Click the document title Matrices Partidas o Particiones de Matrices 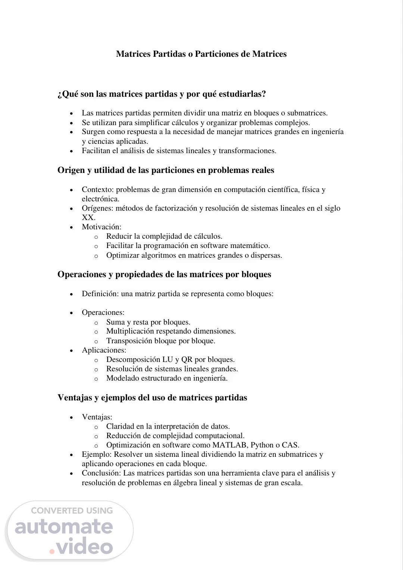201,54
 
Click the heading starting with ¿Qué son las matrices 162,94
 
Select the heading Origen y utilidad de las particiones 166,170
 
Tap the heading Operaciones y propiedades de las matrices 164,275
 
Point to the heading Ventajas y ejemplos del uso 152,397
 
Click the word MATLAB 229,445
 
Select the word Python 263,445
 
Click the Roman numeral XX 88,217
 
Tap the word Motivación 101,227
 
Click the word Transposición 129,341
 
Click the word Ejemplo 96,455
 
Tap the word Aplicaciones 103,350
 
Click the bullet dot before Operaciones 72,313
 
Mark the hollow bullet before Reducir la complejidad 96,237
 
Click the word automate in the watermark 64,527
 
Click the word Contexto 98,189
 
